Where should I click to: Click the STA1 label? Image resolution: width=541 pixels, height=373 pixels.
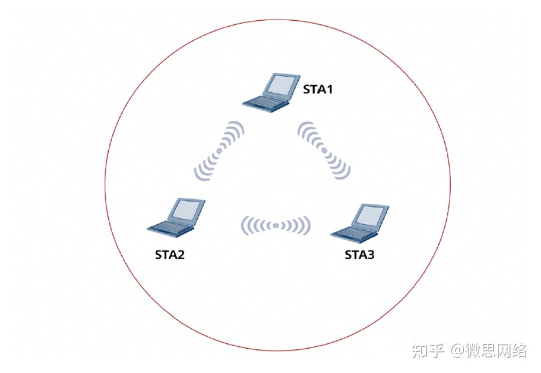(x=318, y=90)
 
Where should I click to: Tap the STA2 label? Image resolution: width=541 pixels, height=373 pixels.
(x=169, y=254)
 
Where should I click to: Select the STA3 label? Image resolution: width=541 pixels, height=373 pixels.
(x=359, y=254)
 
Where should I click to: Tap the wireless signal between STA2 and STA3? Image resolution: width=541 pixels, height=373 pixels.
(x=276, y=226)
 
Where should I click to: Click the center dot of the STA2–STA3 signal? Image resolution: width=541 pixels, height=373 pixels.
(x=276, y=226)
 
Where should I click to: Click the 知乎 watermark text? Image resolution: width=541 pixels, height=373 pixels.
(x=428, y=350)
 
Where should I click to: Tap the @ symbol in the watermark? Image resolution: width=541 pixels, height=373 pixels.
(x=457, y=351)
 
